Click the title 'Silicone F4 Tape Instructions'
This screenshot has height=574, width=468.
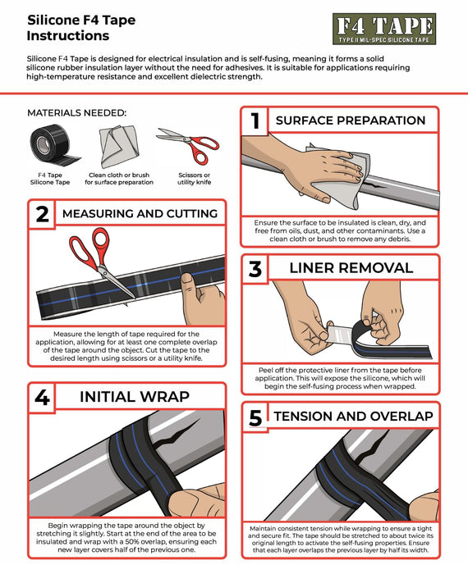(68, 28)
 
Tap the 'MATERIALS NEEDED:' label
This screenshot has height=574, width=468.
(76, 113)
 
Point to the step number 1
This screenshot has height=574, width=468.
(256, 121)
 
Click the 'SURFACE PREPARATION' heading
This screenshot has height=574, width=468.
(351, 121)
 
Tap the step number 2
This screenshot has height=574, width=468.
(43, 215)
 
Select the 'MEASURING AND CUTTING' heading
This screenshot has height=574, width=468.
(139, 214)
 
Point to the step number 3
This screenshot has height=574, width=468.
(256, 268)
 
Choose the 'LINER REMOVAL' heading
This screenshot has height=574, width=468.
(351, 268)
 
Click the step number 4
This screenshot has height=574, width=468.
(43, 398)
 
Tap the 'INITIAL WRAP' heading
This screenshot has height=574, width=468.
(134, 398)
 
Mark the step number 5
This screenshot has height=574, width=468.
(255, 417)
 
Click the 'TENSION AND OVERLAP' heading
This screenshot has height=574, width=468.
(353, 417)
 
